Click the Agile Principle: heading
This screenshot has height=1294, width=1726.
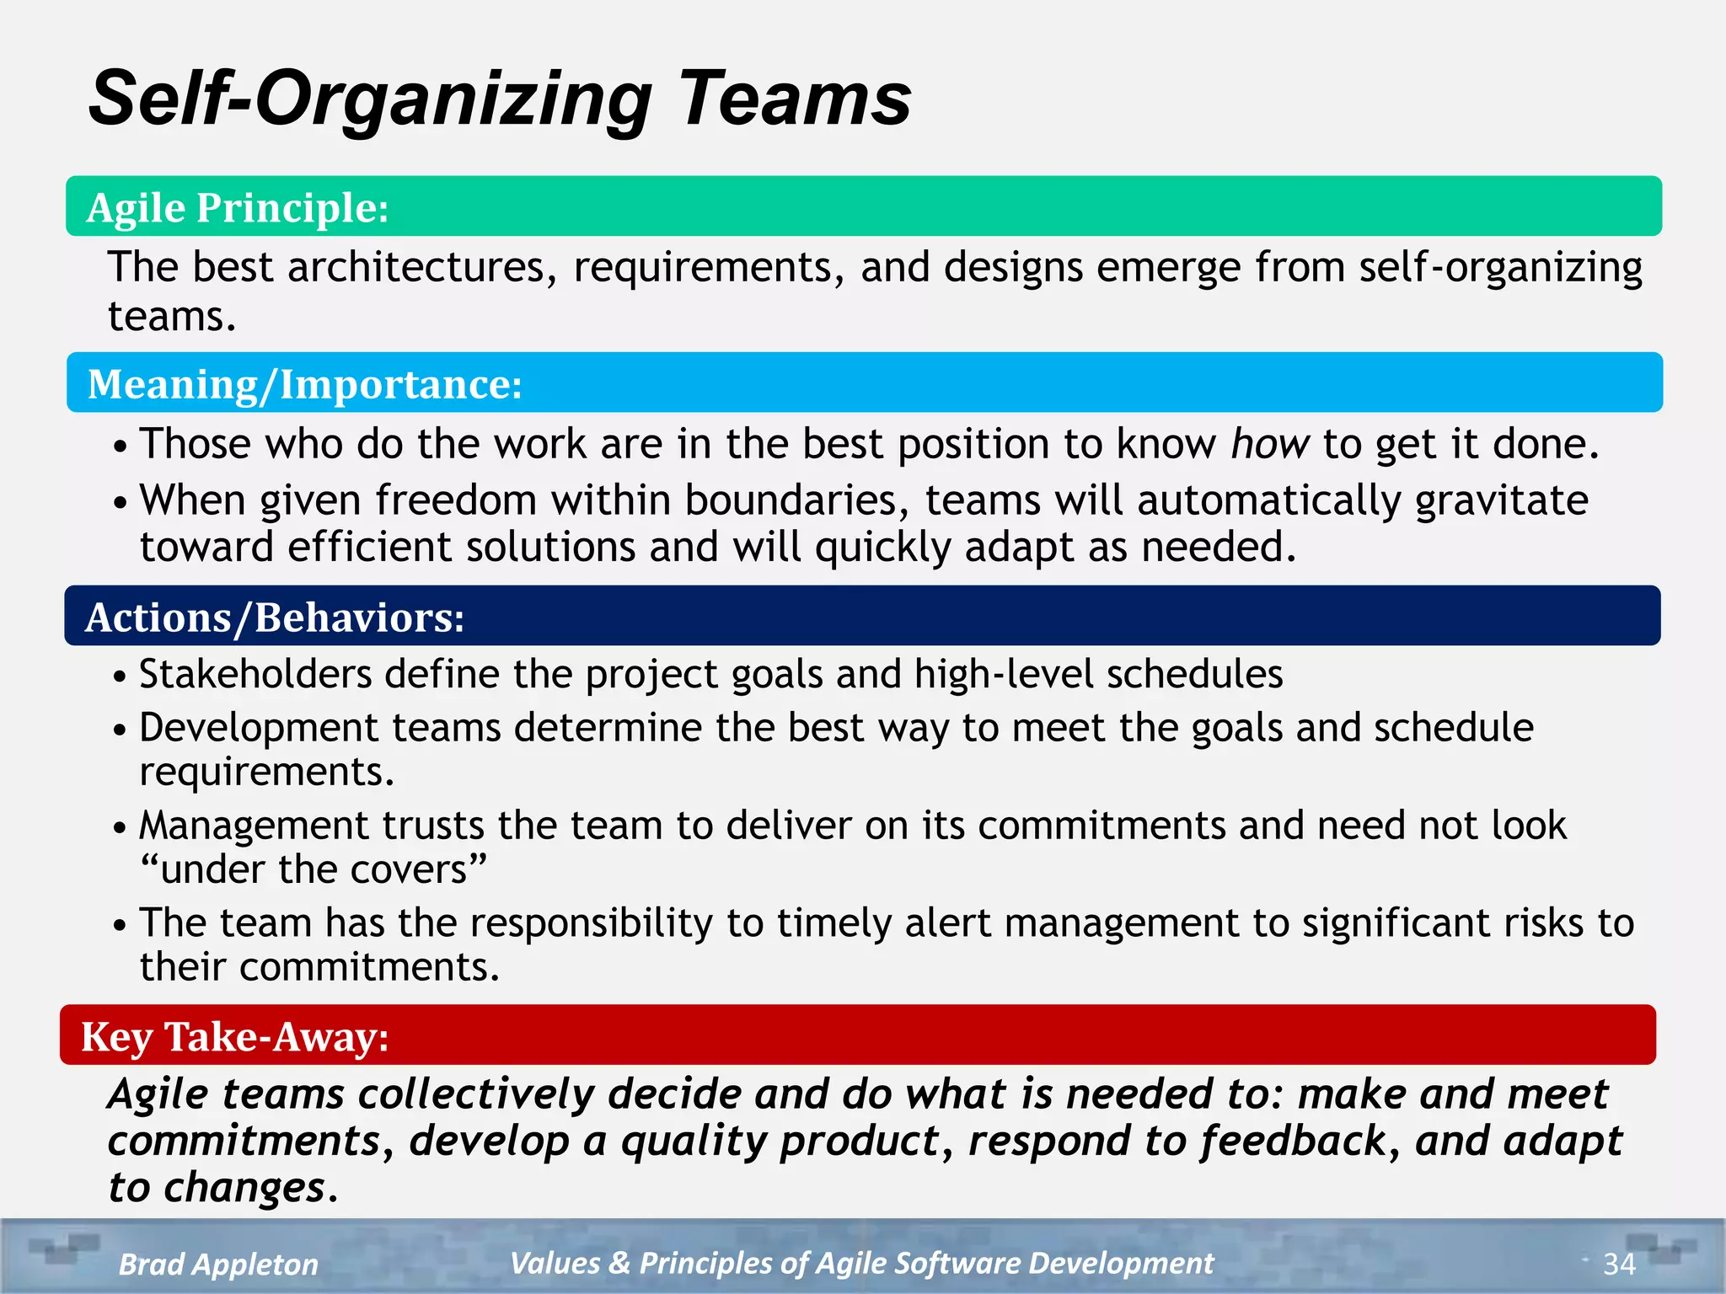coord(238,207)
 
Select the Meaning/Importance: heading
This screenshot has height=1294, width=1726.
coord(305,384)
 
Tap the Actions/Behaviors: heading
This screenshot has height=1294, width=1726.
coord(275,618)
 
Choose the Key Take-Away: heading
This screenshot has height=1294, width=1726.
coord(235,1036)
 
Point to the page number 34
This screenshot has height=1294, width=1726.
coord(1619,1264)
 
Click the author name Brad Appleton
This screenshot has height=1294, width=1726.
coord(218,1265)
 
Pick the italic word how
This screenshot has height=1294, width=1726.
coord(1270,444)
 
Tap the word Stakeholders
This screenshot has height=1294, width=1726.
coord(255,674)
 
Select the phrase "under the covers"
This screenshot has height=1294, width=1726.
coord(314,869)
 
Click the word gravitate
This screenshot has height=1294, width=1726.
coord(1501,501)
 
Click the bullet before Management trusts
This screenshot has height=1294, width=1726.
coord(120,827)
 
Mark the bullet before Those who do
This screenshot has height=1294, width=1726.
coord(120,446)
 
